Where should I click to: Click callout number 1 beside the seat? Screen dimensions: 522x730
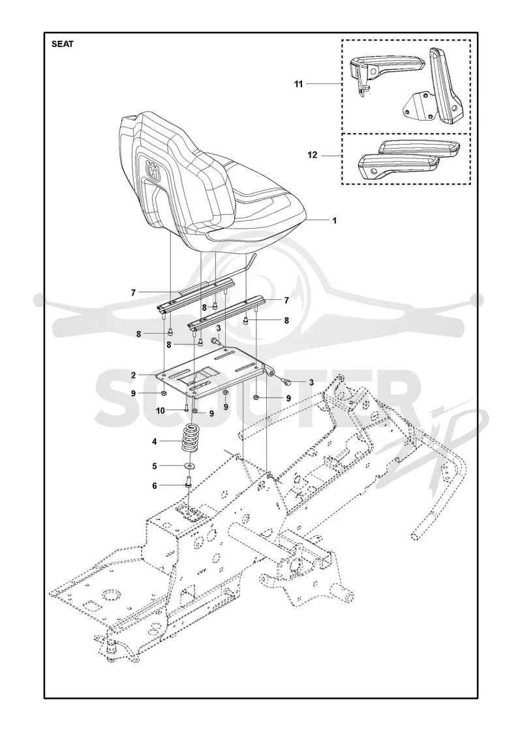pyautogui.click(x=334, y=221)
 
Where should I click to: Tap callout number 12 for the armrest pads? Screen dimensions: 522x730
pyautogui.click(x=313, y=155)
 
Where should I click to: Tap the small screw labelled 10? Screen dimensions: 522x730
pyautogui.click(x=186, y=409)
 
